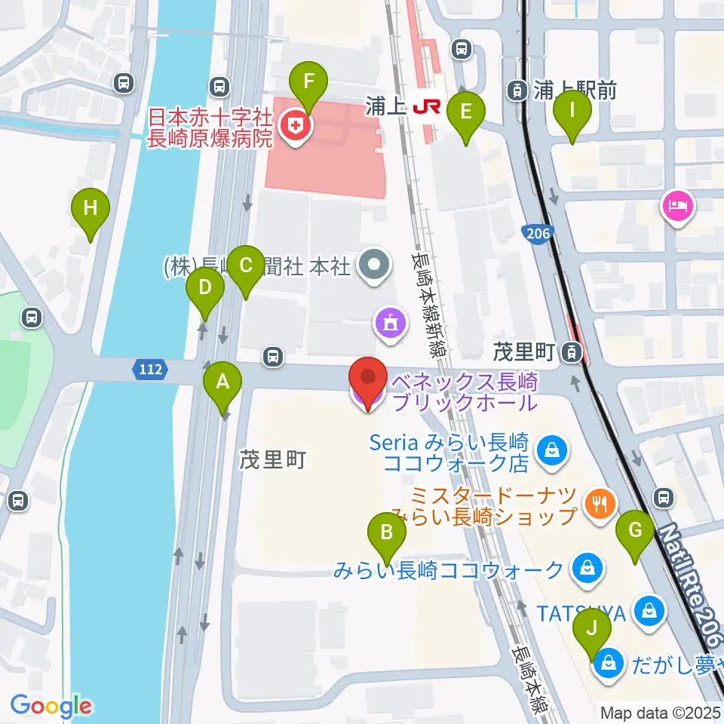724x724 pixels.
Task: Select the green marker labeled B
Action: click(387, 534)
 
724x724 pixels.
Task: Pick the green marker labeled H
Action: click(90, 209)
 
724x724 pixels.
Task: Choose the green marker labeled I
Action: click(572, 111)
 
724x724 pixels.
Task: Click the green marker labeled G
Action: click(635, 532)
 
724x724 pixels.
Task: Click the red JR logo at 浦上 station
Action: click(426, 107)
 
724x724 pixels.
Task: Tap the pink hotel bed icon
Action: click(676, 205)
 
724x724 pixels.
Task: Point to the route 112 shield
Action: click(149, 370)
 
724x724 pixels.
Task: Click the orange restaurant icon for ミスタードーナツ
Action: click(600, 502)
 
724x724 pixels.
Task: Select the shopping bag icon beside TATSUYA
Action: click(648, 610)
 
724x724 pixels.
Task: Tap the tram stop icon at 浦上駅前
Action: click(517, 91)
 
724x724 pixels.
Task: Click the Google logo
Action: click(51, 706)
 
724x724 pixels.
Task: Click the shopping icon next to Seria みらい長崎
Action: click(552, 451)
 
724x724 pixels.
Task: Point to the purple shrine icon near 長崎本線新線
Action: click(391, 324)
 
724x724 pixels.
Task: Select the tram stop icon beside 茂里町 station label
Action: click(573, 351)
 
